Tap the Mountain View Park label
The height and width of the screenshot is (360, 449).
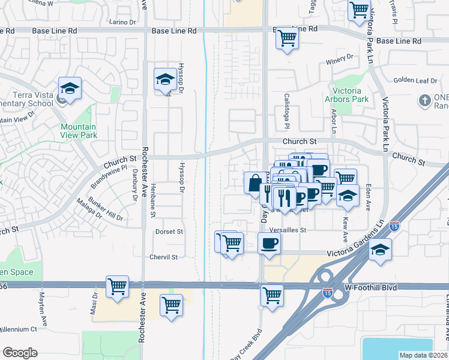[78, 131]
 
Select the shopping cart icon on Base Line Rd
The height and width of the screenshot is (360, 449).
[287, 38]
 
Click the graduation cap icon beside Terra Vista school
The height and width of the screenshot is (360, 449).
[70, 89]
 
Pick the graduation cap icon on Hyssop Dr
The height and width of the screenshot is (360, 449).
[165, 79]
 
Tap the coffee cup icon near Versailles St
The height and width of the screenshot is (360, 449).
[269, 244]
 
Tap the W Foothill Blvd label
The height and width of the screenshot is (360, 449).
[372, 288]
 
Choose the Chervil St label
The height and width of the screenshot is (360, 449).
[164, 257]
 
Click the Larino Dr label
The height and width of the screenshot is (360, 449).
[123, 22]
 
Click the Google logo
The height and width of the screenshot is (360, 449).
[20, 353]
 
